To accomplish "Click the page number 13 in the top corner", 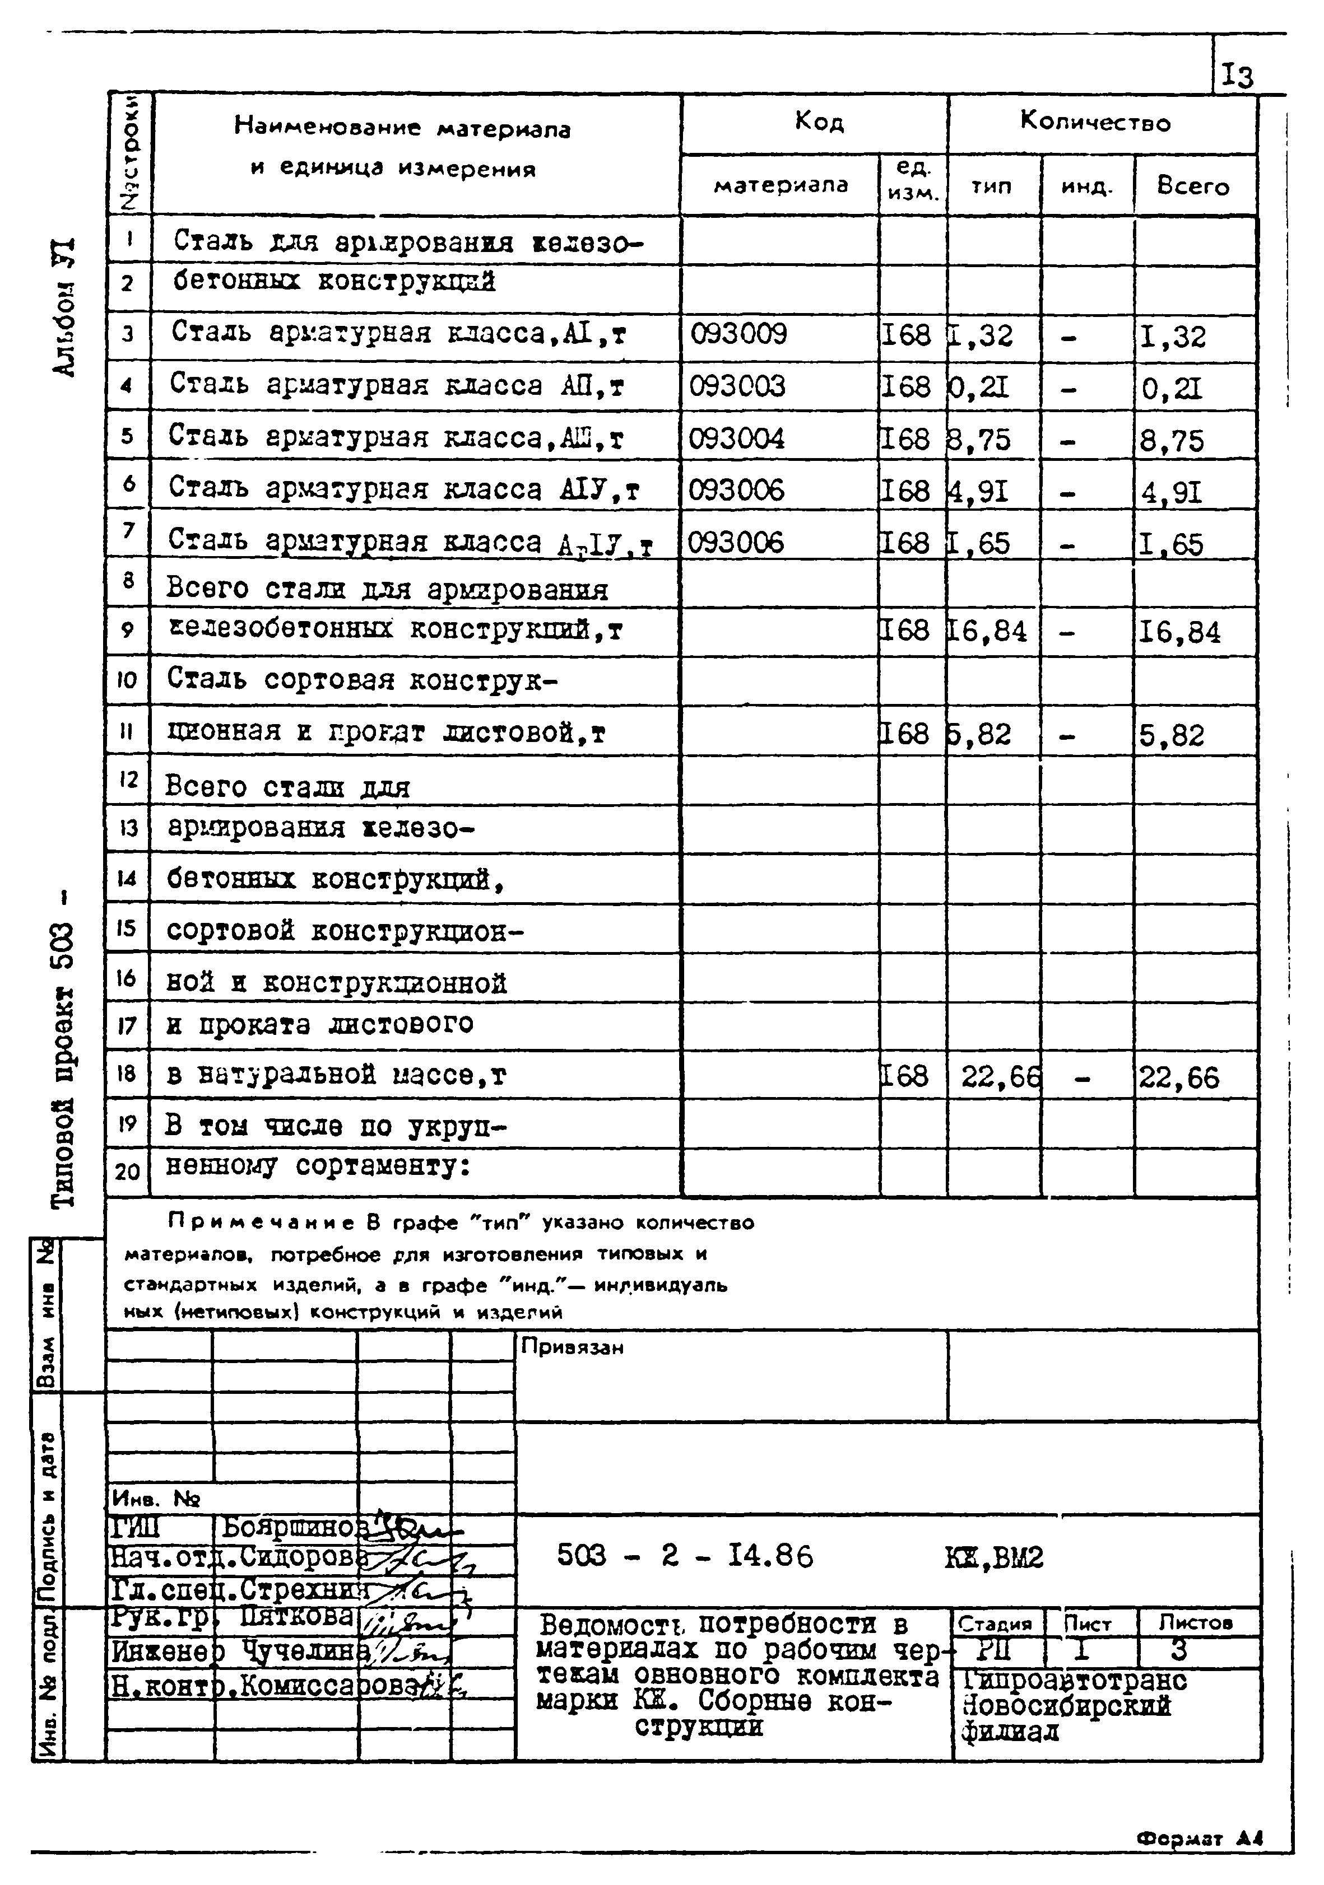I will coord(1237,76).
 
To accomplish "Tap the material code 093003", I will coord(737,386).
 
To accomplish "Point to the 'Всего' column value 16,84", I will coord(1179,632).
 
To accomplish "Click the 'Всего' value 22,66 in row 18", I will coord(1179,1077).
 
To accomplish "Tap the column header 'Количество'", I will coord(1095,123).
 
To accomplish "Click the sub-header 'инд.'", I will coord(1086,187).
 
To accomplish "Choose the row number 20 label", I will coord(127,1172).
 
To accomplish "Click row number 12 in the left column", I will coord(127,778).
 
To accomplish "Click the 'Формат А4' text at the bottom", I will coord(1199,1839).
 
